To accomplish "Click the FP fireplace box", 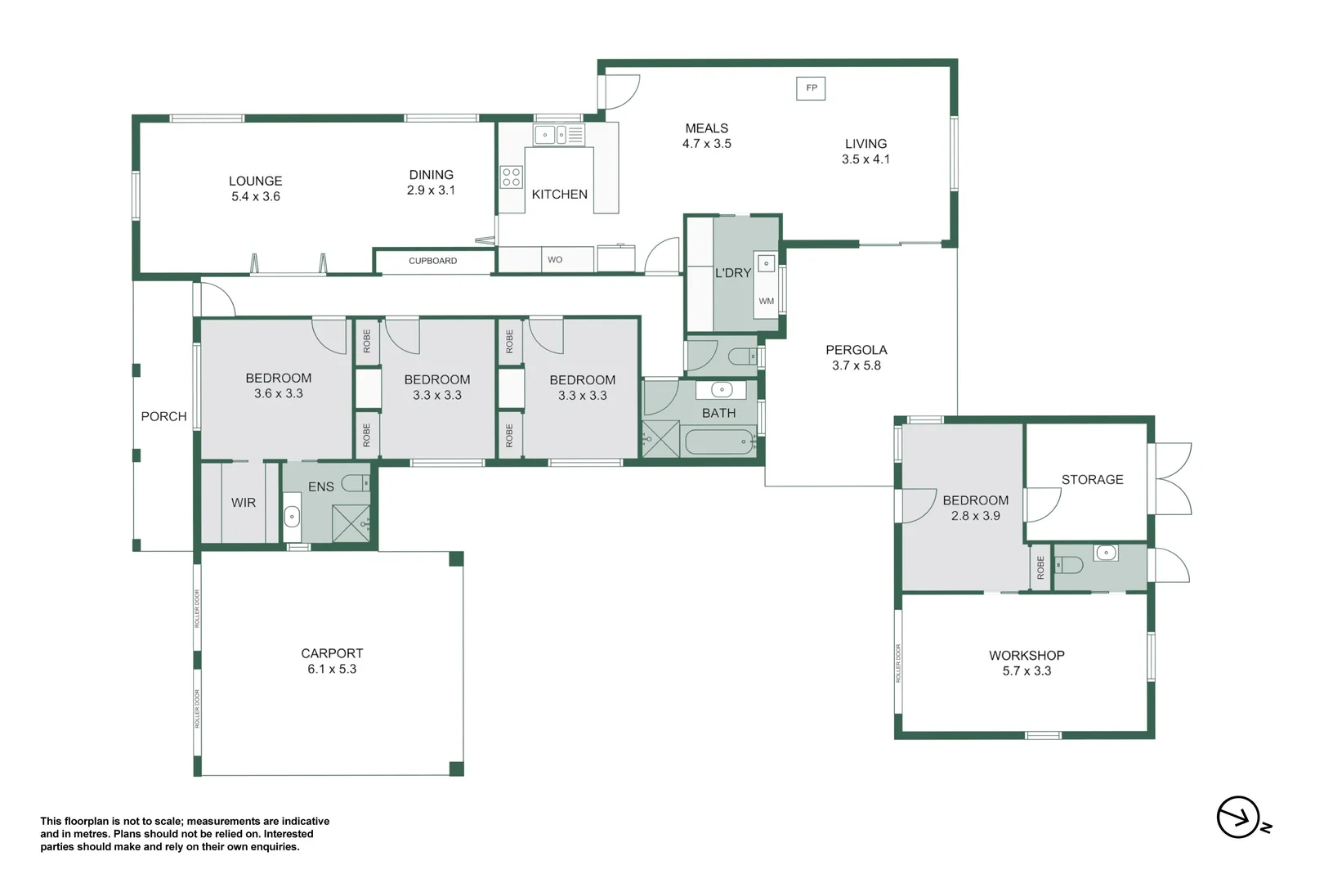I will point(811,88).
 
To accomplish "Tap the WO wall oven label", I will point(555,260).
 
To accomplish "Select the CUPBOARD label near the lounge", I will point(432,261).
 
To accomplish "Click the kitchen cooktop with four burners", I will point(512,177).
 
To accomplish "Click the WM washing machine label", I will point(766,301).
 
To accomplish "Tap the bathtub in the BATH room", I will point(719,442).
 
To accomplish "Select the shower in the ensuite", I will point(351,523).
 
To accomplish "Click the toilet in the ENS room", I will point(356,483).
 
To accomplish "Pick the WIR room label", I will point(243,503).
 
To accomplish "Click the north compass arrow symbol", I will point(1238,817).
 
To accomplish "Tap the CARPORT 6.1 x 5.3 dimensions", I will point(332,669).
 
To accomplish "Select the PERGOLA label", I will point(856,350).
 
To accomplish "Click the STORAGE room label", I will point(1092,480).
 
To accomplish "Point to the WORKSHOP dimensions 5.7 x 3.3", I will point(1027,671).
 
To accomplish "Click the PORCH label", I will point(163,417).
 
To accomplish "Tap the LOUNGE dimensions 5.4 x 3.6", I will point(255,197).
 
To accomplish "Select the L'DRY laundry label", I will point(732,273).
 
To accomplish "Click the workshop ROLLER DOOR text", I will point(897,663).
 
